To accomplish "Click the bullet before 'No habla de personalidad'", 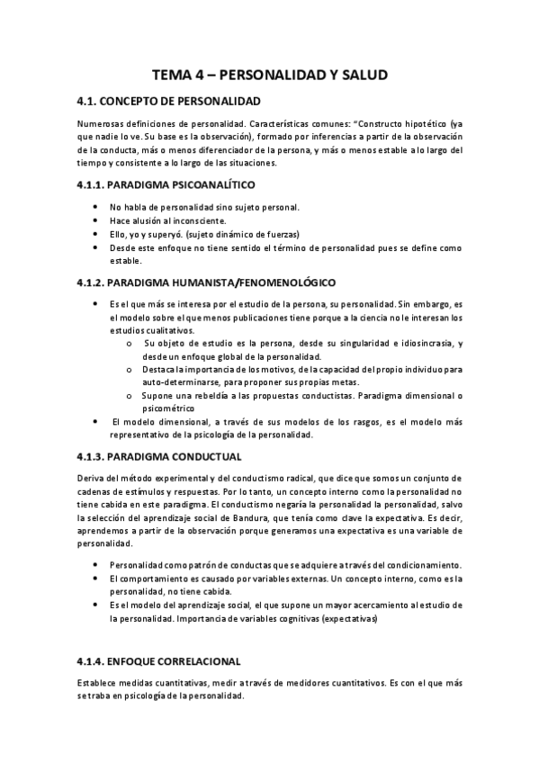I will pyautogui.click(x=97, y=208).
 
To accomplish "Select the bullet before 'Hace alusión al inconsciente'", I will pyautogui.click(x=97, y=221).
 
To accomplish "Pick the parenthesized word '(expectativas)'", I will pyautogui.click(x=347, y=620).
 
